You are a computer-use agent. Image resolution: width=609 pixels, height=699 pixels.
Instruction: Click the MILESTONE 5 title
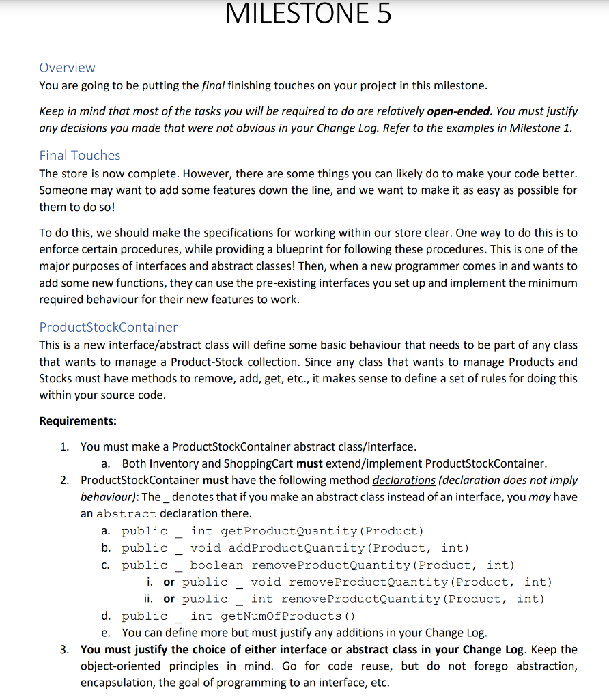tap(308, 14)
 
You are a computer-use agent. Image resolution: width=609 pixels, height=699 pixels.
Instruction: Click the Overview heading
tap(67, 68)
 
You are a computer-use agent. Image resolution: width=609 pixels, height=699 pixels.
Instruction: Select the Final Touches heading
tap(80, 155)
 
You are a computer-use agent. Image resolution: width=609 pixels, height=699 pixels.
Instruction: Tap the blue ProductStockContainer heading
tap(108, 327)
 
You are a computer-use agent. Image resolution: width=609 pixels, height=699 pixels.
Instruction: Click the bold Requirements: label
tap(78, 420)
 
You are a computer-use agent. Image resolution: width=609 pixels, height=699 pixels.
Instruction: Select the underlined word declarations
tap(403, 480)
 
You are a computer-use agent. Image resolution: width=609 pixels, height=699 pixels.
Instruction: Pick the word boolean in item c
tap(216, 565)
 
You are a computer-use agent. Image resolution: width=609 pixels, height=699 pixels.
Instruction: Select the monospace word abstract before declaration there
tap(126, 513)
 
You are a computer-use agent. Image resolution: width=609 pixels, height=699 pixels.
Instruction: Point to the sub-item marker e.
tap(106, 633)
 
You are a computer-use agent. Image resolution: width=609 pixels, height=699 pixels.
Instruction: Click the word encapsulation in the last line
tap(116, 683)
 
